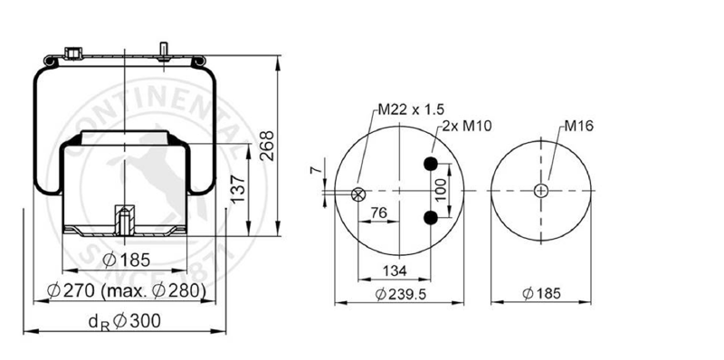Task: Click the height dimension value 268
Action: click(267, 146)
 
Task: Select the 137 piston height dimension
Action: click(238, 189)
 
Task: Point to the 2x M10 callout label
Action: click(467, 125)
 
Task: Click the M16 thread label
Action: click(578, 125)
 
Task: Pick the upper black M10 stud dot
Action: click(431, 164)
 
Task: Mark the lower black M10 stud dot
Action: click(431, 217)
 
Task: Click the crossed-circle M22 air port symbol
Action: click(358, 194)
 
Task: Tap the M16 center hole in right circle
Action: click(540, 190)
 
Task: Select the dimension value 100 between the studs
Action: click(442, 190)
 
